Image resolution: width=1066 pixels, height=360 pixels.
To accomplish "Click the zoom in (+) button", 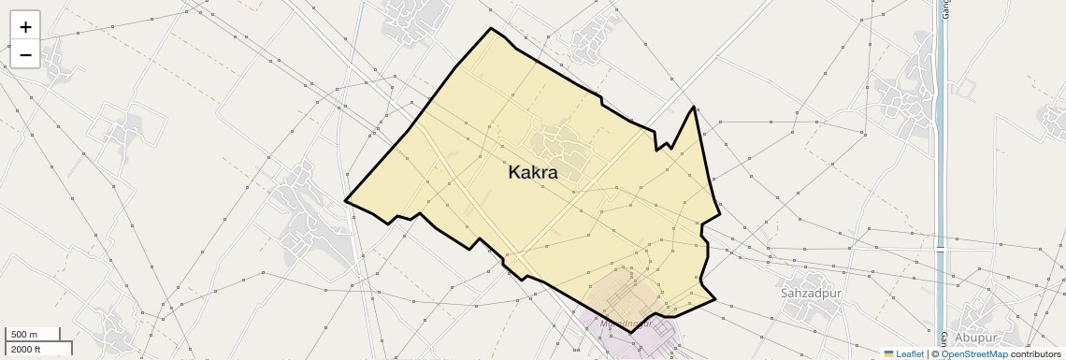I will click(x=25, y=26).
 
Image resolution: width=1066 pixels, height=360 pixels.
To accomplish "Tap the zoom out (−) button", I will click(x=25, y=54).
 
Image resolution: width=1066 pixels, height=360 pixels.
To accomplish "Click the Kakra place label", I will click(x=533, y=173).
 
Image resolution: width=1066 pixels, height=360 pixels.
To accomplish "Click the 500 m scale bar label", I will click(x=24, y=334).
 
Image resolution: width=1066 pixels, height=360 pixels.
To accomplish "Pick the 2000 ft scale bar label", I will click(x=26, y=349).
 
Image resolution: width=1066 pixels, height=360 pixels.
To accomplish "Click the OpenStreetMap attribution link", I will click(x=973, y=353).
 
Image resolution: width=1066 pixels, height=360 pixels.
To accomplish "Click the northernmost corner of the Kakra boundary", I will click(x=491, y=28).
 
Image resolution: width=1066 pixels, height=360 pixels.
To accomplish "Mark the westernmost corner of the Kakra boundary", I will click(x=346, y=200).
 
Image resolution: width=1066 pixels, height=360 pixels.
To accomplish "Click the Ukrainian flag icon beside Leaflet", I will click(x=889, y=353).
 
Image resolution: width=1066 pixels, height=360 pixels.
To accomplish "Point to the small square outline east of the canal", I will click(x=967, y=90).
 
